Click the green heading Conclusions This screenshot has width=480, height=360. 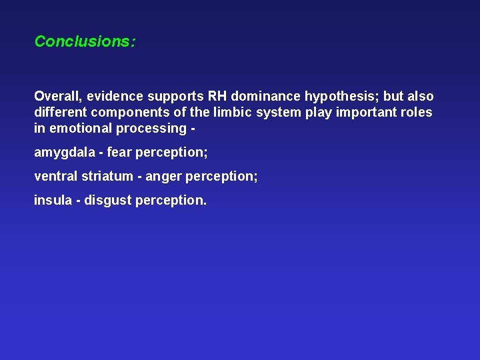pos(85,41)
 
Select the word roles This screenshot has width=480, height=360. pos(417,112)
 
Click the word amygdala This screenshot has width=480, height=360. pos(63,153)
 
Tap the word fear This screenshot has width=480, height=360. pos(119,153)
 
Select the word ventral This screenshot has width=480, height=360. pos(55,176)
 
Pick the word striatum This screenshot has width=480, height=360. pos(105,176)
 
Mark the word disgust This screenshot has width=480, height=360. pos(109,201)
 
